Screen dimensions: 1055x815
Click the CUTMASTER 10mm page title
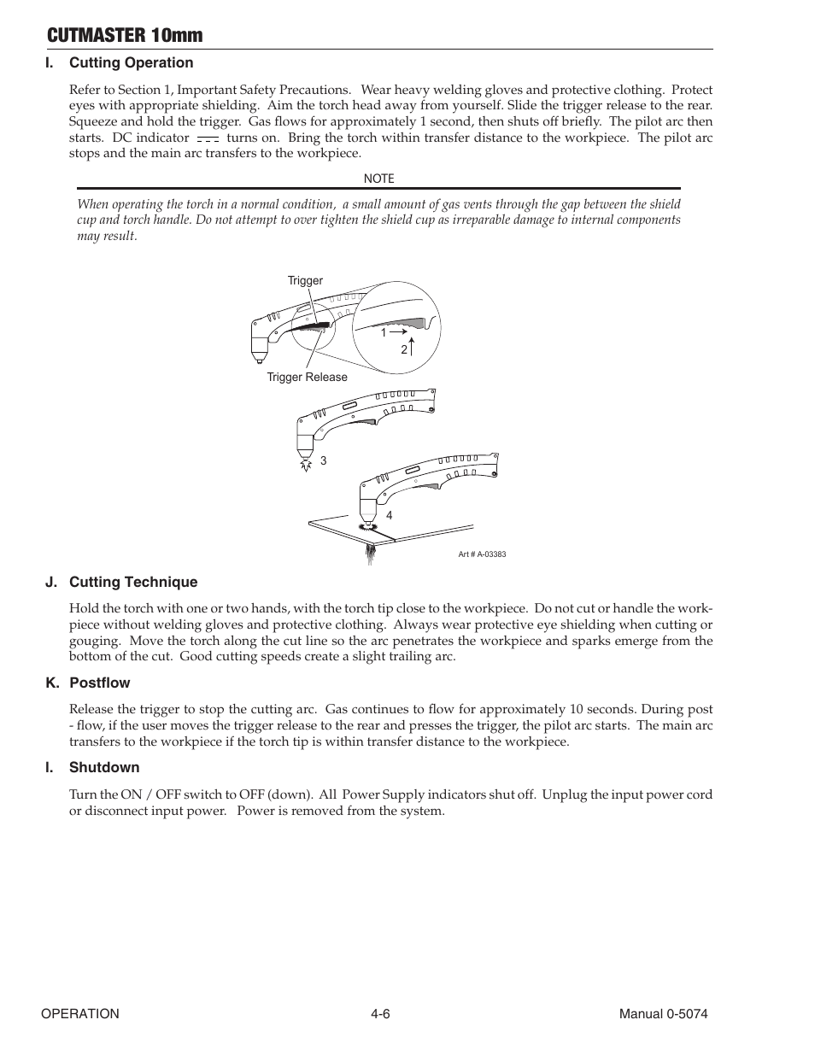[126, 35]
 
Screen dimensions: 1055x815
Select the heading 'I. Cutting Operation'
[120, 62]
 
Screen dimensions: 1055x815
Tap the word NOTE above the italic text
[378, 179]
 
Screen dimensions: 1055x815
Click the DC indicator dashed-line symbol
[208, 138]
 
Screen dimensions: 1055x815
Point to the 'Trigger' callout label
[305, 280]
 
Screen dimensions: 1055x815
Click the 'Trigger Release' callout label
[307, 377]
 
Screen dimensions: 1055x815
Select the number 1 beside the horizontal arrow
[384, 331]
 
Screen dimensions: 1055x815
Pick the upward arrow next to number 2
[412, 346]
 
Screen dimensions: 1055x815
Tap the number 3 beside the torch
[324, 460]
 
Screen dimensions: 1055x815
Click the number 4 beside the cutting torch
[389, 516]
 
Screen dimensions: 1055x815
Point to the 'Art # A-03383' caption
[482, 554]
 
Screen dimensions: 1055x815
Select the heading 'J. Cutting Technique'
[121, 582]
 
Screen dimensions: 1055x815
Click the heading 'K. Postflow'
[88, 683]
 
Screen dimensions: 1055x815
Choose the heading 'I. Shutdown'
[92, 767]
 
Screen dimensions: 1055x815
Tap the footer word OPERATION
[80, 1013]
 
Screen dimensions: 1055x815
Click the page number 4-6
[380, 1013]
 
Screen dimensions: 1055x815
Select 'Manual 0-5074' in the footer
[663, 1013]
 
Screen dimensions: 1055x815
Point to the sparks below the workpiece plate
[370, 555]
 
